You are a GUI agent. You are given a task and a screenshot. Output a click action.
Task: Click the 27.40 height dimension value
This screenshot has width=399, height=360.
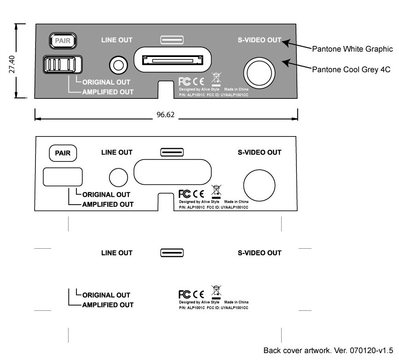point(12,64)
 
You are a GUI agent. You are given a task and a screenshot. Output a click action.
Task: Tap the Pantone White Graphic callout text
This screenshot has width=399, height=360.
point(352,49)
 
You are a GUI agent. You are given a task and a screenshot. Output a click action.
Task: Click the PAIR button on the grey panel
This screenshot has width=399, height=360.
point(63,40)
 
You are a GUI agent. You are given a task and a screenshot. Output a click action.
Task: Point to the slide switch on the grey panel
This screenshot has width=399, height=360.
point(62,64)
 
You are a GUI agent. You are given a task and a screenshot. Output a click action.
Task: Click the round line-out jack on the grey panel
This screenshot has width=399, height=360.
point(119,65)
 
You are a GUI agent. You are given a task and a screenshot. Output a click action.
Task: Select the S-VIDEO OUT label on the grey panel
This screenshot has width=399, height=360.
point(259,40)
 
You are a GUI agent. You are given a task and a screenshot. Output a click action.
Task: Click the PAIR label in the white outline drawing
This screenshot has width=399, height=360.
point(63,154)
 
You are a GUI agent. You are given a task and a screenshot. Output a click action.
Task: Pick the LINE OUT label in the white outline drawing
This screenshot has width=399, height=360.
point(117,153)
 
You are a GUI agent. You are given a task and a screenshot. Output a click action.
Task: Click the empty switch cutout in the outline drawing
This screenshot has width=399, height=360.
point(63,177)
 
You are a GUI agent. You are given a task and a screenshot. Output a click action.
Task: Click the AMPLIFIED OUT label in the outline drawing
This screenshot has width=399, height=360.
point(108,205)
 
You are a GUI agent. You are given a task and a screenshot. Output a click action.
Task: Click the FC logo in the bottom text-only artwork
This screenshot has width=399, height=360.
point(184,294)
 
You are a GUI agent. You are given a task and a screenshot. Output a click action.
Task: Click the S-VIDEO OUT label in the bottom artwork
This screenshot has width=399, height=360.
point(259,253)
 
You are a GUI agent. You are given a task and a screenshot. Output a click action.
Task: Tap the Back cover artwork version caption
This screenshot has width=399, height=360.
point(328,350)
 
